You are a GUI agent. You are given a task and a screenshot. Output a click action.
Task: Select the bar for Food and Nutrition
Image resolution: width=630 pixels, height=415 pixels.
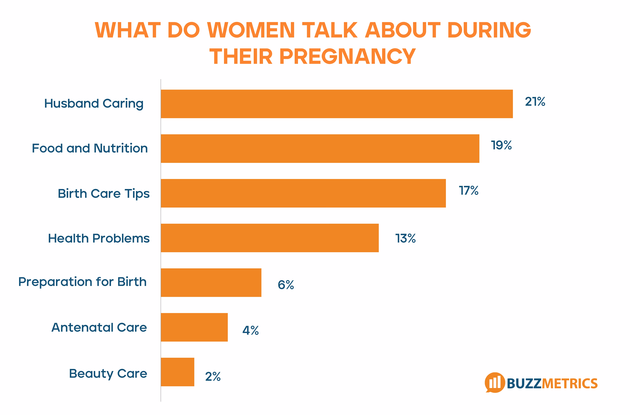click(320, 149)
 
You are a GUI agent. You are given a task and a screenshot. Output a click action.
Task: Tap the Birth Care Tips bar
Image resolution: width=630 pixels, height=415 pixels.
click(303, 193)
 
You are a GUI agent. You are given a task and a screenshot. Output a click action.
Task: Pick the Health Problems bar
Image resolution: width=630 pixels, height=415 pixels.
click(269, 238)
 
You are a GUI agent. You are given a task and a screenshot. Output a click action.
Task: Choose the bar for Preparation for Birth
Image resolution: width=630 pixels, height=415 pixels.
click(211, 283)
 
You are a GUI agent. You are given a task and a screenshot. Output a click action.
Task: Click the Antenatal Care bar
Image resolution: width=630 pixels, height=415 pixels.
click(194, 327)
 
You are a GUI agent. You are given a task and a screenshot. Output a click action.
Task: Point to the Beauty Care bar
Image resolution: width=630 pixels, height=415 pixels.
click(177, 372)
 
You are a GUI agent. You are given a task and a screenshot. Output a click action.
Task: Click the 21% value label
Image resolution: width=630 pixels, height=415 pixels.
click(535, 102)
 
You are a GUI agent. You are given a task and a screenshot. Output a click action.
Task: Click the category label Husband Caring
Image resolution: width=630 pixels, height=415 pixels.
click(94, 104)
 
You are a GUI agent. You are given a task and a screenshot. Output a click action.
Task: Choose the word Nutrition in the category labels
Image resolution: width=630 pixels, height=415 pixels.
click(121, 148)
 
